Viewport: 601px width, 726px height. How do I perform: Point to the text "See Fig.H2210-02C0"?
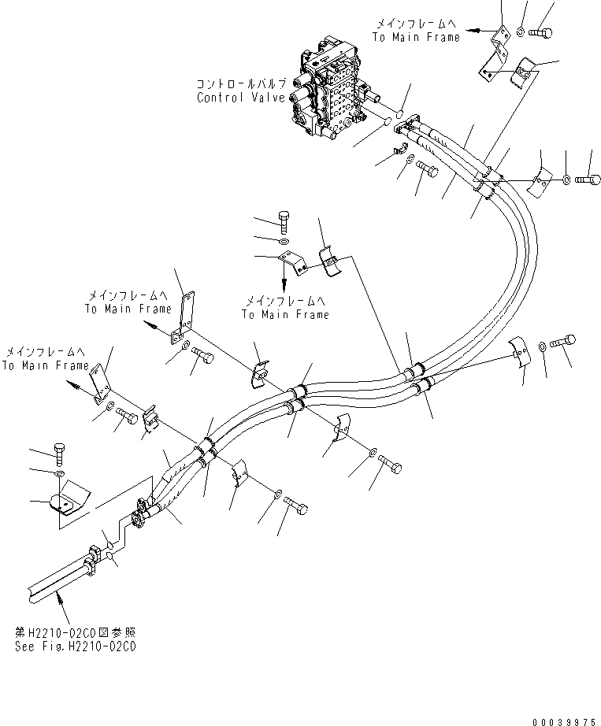(75, 646)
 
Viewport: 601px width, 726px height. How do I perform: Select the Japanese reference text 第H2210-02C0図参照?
(75, 632)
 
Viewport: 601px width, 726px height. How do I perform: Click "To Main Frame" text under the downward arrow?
(284, 314)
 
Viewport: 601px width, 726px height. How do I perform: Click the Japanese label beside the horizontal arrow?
(414, 24)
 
